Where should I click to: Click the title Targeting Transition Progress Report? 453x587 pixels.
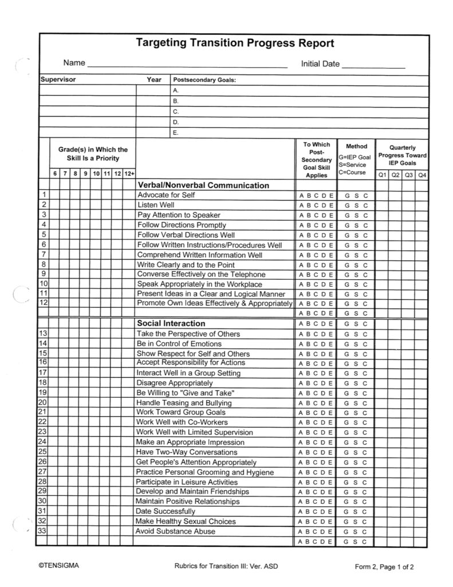point(235,44)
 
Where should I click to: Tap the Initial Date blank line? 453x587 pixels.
point(373,67)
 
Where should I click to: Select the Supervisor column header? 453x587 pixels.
point(58,80)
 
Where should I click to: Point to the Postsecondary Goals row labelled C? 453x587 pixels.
point(176,112)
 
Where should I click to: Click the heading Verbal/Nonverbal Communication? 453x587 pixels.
point(203,186)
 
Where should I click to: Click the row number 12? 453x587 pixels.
point(44,303)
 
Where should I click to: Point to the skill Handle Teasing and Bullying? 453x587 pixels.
point(175,403)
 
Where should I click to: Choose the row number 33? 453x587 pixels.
point(43,531)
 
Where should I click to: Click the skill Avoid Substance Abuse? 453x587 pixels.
point(176,531)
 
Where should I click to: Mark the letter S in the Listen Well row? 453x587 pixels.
point(356,205)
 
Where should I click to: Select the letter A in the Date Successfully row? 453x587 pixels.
point(301,511)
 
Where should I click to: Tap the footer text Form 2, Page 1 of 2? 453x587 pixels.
point(384,567)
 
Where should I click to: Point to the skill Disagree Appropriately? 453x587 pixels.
point(174,383)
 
